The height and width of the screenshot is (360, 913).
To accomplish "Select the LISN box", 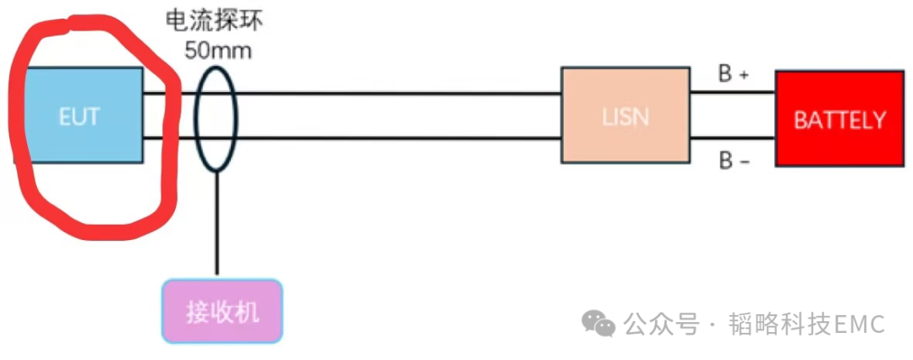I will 626,115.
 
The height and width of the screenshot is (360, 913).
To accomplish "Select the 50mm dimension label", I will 218,49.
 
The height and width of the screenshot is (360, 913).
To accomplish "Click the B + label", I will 734,74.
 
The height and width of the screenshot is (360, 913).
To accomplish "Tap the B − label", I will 734,161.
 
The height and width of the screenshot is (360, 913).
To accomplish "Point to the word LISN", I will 626,116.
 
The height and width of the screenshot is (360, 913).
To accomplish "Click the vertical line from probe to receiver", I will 217,224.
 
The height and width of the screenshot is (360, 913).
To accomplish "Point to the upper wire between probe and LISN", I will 397,93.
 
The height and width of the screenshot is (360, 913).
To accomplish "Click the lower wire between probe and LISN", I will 397,138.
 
